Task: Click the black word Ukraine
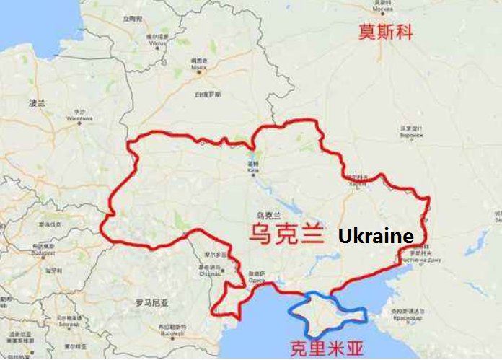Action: coord(376,237)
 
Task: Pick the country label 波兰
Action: coord(36,103)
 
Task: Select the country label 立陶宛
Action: coord(133,19)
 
